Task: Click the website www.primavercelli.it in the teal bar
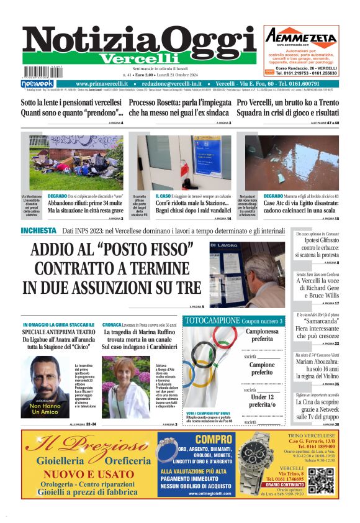point(102,83)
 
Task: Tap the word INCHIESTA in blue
point(38,231)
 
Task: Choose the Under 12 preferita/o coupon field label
point(262,401)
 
